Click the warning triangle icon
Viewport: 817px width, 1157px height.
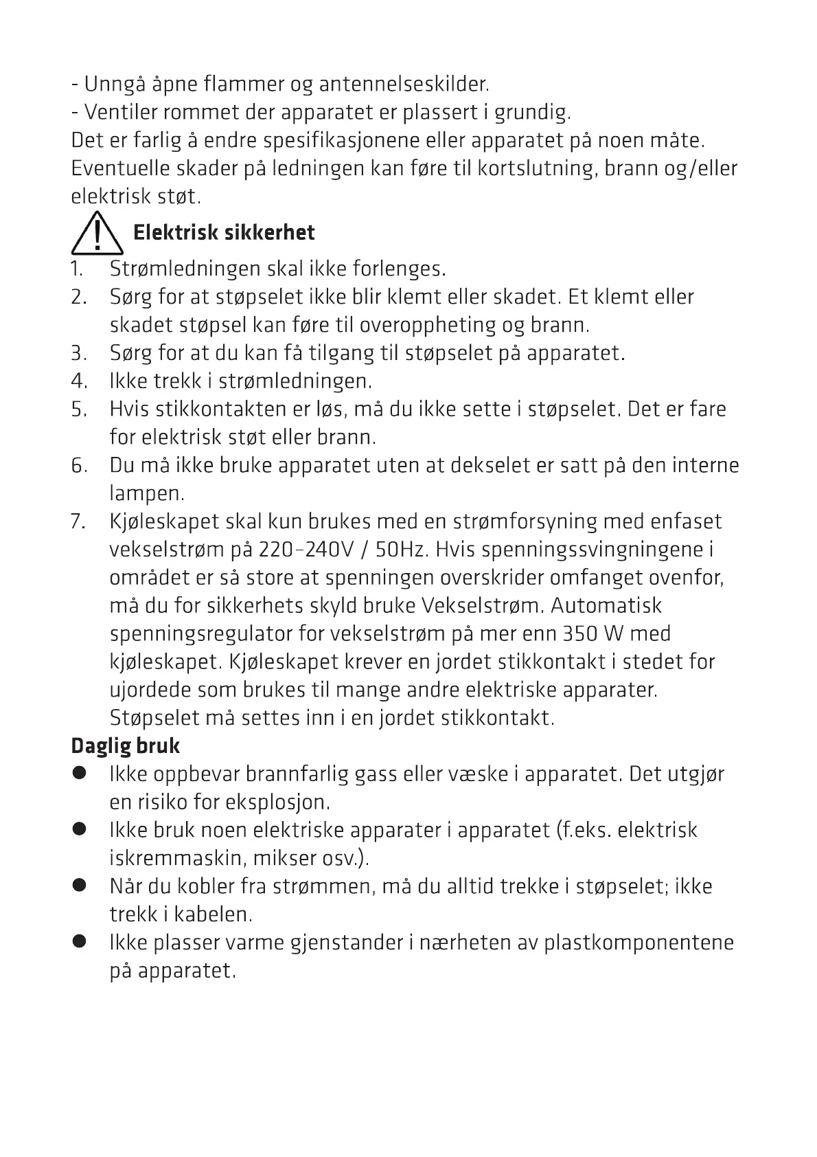pyautogui.click(x=97, y=234)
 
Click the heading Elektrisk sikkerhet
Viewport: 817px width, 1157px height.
pyautogui.click(x=224, y=233)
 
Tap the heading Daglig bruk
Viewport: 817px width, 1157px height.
pyautogui.click(x=126, y=746)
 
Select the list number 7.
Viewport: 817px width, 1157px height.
pyautogui.click(x=78, y=521)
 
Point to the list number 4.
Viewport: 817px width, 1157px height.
pyautogui.click(x=78, y=381)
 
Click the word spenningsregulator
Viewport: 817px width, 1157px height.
pyautogui.click(x=200, y=634)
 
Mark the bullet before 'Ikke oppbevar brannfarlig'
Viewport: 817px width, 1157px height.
pyautogui.click(x=80, y=774)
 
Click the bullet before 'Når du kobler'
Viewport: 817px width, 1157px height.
pyautogui.click(x=80, y=886)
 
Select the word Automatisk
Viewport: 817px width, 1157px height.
pyautogui.click(x=606, y=606)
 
